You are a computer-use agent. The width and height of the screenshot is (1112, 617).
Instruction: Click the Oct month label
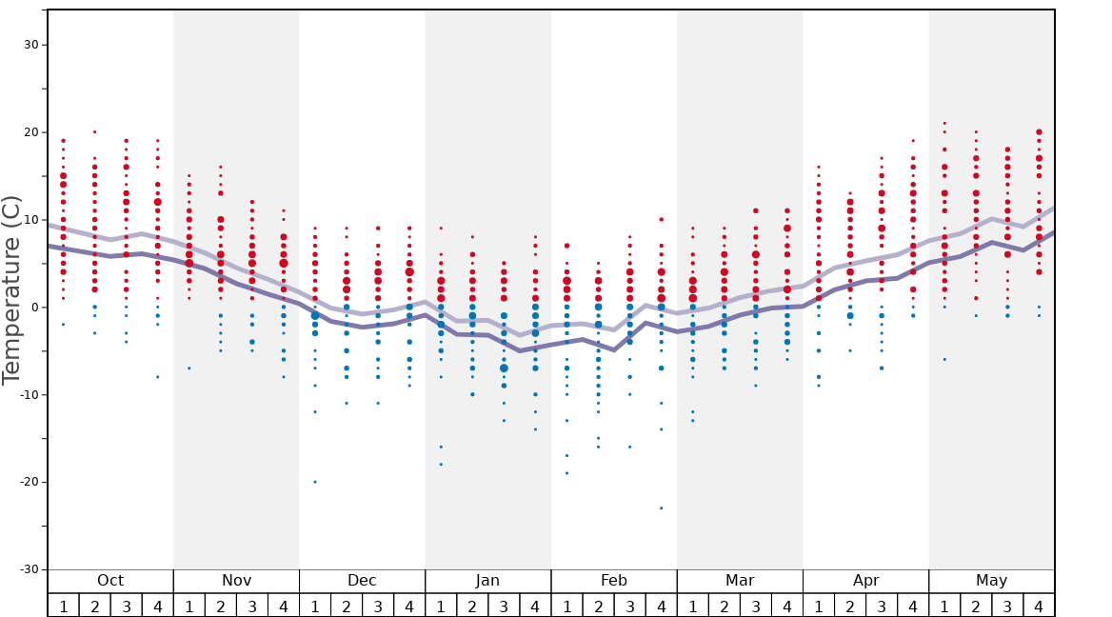click(110, 581)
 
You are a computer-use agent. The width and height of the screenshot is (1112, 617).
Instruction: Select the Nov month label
click(236, 581)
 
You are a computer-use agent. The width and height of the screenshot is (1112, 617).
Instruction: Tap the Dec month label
click(362, 581)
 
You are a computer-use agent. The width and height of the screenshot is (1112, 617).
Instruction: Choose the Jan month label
click(487, 581)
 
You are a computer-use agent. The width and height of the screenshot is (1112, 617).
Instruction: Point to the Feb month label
click(614, 581)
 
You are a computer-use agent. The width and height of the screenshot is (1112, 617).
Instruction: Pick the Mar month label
click(740, 581)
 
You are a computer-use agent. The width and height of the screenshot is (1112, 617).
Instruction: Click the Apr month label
click(865, 581)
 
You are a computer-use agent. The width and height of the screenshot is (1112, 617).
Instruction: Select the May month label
click(991, 581)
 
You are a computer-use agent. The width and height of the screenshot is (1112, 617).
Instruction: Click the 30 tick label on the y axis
click(30, 45)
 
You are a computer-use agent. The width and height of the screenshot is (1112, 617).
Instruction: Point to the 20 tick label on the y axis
click(30, 132)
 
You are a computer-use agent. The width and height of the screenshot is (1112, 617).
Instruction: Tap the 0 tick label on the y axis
click(34, 308)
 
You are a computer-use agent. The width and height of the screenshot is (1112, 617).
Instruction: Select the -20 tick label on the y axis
click(28, 482)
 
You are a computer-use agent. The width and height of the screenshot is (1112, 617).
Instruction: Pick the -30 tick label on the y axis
click(28, 569)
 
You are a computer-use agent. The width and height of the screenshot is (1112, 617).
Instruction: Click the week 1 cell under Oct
click(63, 606)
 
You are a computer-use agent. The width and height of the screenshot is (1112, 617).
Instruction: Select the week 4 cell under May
click(1039, 606)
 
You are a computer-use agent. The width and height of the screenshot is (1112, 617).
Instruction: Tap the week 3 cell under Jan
click(504, 606)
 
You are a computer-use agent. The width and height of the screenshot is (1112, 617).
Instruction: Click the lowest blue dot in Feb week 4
click(661, 508)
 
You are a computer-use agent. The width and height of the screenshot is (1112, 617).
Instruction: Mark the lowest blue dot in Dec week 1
click(315, 482)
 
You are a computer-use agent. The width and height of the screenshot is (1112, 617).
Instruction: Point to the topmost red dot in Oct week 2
click(94, 132)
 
